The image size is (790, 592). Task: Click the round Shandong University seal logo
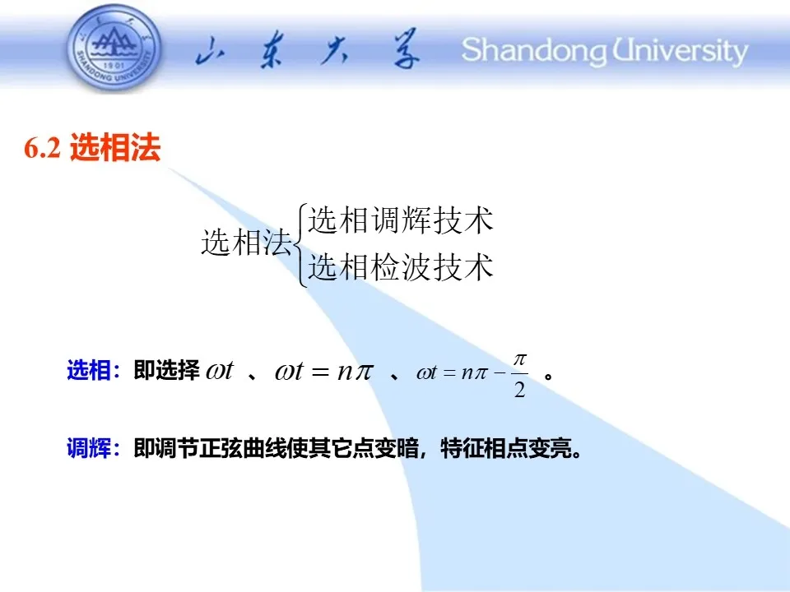tap(114, 49)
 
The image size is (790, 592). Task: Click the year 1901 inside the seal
tap(114, 66)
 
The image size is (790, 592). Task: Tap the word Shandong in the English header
tap(534, 51)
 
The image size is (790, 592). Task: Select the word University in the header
tap(681, 51)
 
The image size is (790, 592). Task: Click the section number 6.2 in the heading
tap(42, 148)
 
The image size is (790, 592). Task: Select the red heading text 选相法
tap(115, 147)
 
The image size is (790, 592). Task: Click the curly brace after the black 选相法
tap(300, 245)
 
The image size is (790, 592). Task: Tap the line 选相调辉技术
tap(401, 220)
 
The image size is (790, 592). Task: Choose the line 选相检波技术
tap(401, 266)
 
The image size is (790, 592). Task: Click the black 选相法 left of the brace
tap(247, 242)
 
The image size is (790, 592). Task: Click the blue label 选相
tap(89, 371)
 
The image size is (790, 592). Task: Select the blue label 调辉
tap(89, 448)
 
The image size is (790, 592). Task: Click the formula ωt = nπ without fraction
tap(324, 372)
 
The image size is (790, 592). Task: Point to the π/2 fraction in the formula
tap(519, 376)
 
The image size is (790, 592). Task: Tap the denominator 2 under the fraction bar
tap(519, 389)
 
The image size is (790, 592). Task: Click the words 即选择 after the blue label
tap(167, 371)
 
